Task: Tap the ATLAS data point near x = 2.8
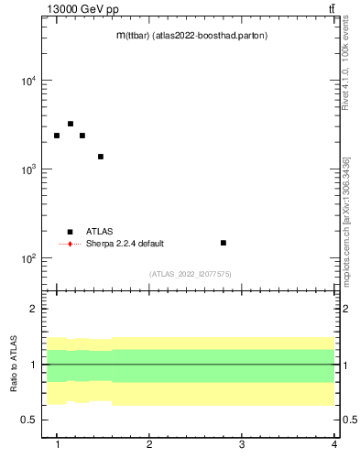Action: [224, 243]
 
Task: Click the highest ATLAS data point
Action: [71, 124]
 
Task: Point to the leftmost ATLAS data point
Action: [57, 136]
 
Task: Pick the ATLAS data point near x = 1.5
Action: [101, 157]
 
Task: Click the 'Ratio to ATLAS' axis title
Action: [15, 365]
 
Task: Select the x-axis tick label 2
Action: [149, 444]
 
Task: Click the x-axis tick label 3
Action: [242, 444]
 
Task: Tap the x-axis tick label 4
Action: [334, 444]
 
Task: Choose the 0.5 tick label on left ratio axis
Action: [30, 420]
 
